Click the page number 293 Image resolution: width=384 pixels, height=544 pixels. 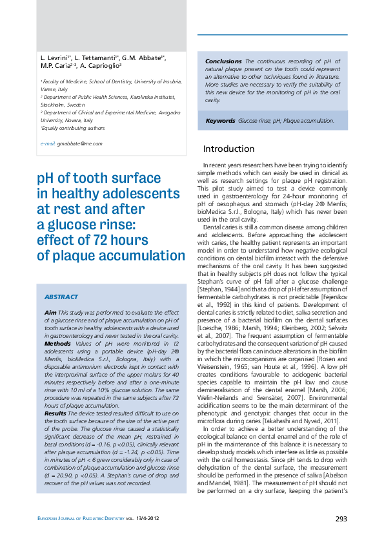pos(341,518)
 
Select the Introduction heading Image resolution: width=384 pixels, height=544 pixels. pos(228,149)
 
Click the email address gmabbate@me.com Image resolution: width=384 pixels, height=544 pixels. pos(79,143)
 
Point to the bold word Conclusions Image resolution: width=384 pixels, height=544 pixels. pos(223,61)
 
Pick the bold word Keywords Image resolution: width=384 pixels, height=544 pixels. pos(220,121)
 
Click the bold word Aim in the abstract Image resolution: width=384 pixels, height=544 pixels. pos(50,312)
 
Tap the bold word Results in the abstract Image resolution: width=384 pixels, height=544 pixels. pos(56,412)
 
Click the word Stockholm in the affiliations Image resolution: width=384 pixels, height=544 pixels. pos(54,104)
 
